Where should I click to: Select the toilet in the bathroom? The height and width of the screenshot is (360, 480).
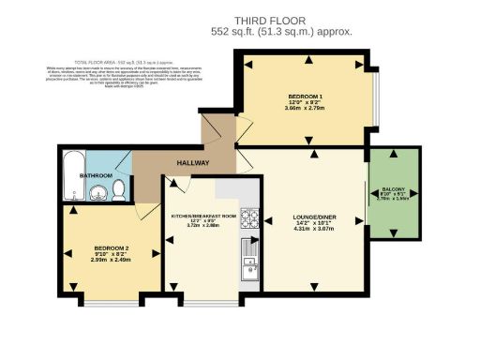118,191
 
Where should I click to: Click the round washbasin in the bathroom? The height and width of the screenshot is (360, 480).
97,194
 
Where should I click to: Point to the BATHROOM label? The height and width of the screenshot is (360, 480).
96,175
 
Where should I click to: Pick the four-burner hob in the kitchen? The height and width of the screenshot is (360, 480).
250,217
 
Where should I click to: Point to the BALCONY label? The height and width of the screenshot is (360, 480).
393,186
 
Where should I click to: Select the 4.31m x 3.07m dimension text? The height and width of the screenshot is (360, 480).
314,228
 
